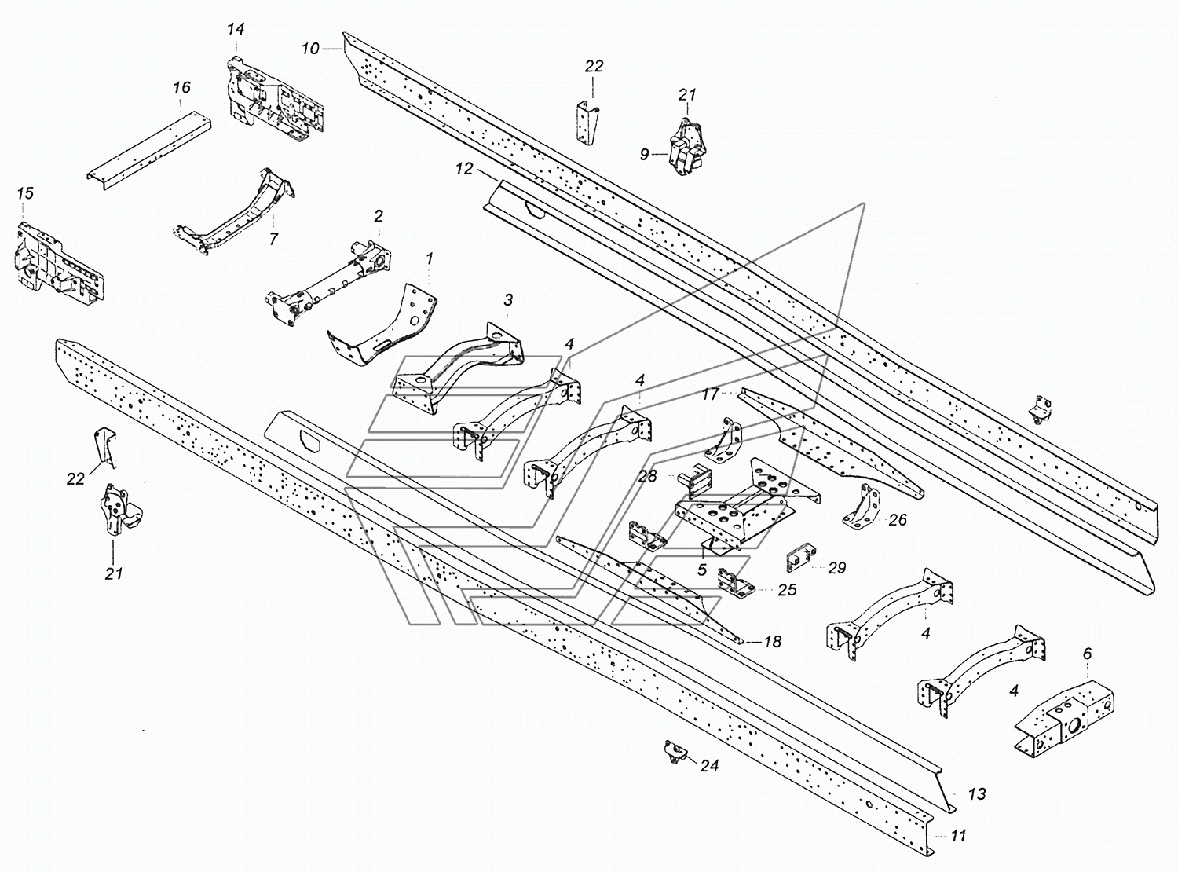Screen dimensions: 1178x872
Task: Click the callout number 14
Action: click(x=236, y=29)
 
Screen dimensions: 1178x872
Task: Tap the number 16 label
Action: click(x=181, y=87)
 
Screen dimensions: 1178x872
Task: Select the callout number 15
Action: click(x=25, y=193)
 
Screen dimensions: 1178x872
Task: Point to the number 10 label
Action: click(x=310, y=49)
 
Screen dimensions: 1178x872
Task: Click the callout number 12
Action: click(x=463, y=169)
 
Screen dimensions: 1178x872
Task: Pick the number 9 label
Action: click(x=644, y=155)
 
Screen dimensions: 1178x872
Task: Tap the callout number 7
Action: click(x=273, y=239)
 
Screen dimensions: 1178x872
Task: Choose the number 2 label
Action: click(x=379, y=216)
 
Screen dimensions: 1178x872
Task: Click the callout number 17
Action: click(x=710, y=394)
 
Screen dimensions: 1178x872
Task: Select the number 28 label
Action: click(x=648, y=476)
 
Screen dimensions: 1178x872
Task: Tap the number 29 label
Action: click(x=836, y=568)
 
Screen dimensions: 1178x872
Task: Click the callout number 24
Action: click(x=710, y=765)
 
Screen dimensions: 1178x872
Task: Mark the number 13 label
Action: click(x=977, y=809)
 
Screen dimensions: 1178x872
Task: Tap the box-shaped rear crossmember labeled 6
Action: click(x=1064, y=716)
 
